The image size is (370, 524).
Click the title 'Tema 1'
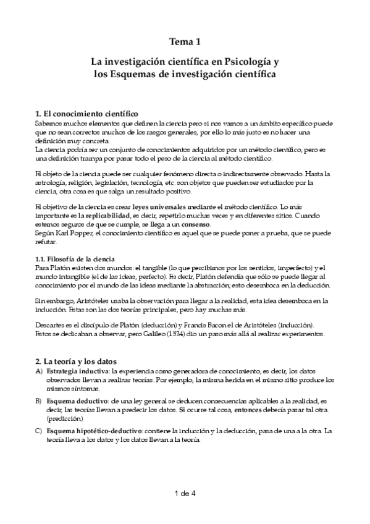[185, 43]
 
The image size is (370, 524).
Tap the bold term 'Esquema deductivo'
[75, 400]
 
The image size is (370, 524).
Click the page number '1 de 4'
[185, 493]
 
